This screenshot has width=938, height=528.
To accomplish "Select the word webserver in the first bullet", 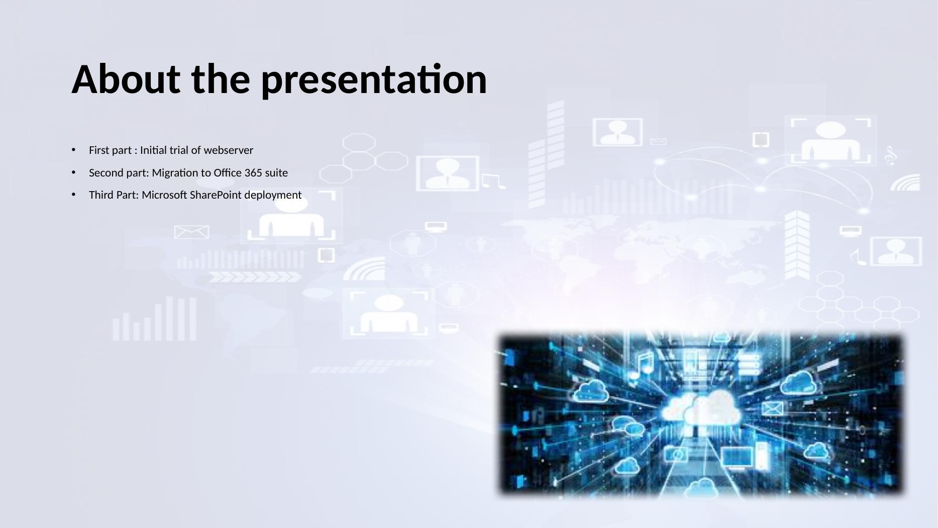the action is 229,150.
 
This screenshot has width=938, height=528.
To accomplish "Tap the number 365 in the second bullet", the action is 253,173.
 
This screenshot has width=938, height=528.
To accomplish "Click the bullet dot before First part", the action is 73,150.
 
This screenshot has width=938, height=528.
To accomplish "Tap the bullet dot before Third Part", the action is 73,195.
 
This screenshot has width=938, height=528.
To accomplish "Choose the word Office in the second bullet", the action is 228,173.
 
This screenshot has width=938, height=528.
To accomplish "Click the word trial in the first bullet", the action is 179,150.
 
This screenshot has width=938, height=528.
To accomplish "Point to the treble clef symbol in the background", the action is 891,156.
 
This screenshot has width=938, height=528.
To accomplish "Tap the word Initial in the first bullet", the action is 154,150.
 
